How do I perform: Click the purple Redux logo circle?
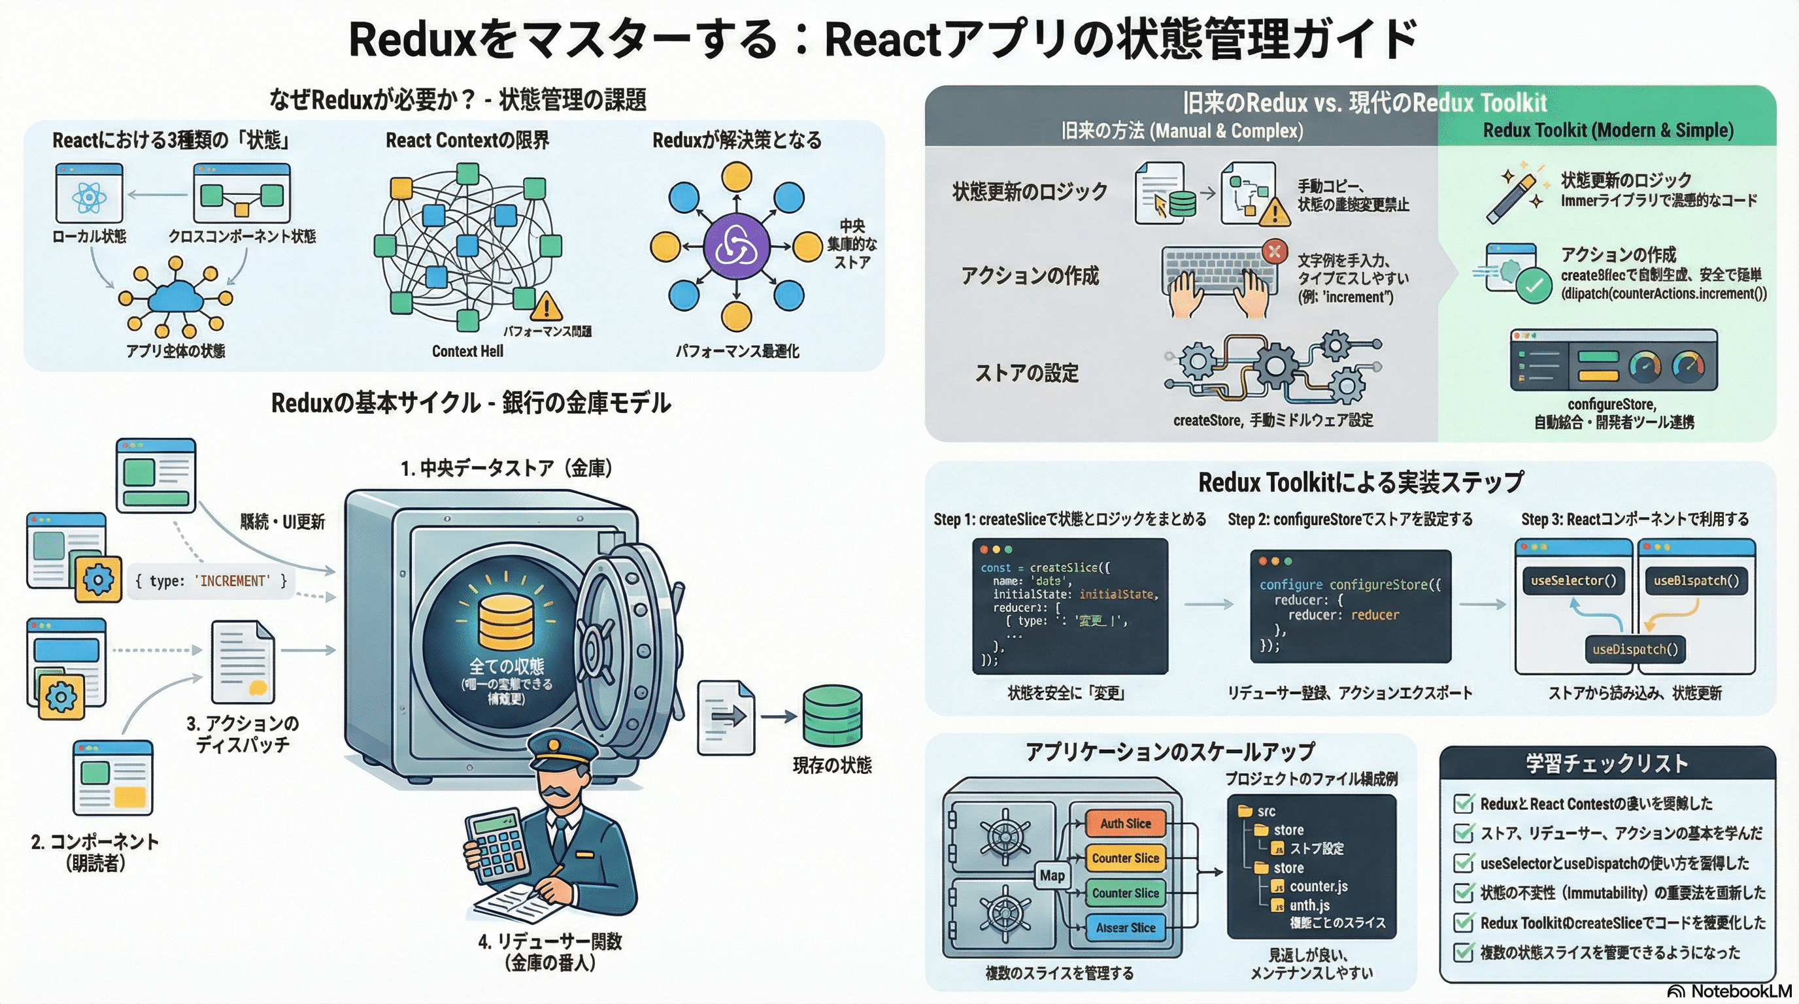tap(736, 246)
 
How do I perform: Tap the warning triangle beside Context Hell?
tap(546, 306)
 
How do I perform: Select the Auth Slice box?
tap(1125, 823)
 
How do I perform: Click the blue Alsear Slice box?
tap(1125, 928)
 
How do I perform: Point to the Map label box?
tap(1052, 875)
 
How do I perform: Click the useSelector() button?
tap(1573, 580)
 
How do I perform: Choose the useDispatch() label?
tap(1635, 649)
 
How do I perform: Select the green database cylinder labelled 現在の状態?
tap(832, 715)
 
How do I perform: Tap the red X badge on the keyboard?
tap(1275, 252)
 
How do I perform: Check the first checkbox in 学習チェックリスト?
tap(1463, 803)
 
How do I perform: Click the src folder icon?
tap(1245, 811)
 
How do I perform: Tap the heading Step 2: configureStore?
tap(1350, 520)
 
